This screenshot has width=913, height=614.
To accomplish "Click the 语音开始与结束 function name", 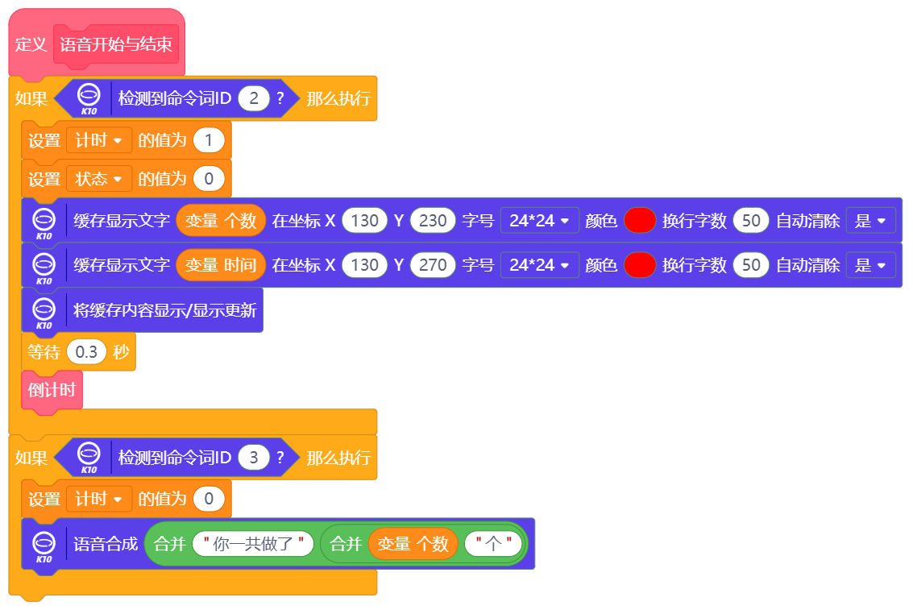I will pos(116,44).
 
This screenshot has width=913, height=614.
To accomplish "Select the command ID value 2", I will pos(254,98).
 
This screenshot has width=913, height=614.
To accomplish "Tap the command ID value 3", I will pos(254,458).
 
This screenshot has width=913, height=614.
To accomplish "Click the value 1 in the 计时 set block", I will pos(209,140).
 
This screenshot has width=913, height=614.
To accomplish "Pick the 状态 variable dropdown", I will pos(99,179).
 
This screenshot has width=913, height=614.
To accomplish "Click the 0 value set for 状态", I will pos(209,179).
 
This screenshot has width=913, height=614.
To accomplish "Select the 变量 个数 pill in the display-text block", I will pos(221,220).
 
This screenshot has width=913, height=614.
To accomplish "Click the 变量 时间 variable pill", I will pos(221,265).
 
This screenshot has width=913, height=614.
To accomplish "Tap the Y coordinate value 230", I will pos(433,220).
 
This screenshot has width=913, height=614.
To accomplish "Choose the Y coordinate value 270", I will pos(433,265).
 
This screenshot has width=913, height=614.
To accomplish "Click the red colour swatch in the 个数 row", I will pos(639,220).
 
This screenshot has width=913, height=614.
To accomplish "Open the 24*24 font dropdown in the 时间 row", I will pos(539,265).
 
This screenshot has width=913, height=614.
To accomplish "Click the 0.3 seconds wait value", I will pos(86,352).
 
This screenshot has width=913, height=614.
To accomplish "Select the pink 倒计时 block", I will pos(52,390).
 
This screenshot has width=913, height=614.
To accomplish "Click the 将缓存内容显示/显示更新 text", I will pos(164,310).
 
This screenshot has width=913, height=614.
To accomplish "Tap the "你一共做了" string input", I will pos(252,544).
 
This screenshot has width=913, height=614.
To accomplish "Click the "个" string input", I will pos(493,544).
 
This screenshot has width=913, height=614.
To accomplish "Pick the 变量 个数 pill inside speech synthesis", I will pos(413,544).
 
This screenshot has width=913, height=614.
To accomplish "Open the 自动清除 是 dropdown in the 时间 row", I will pos(871,265).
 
